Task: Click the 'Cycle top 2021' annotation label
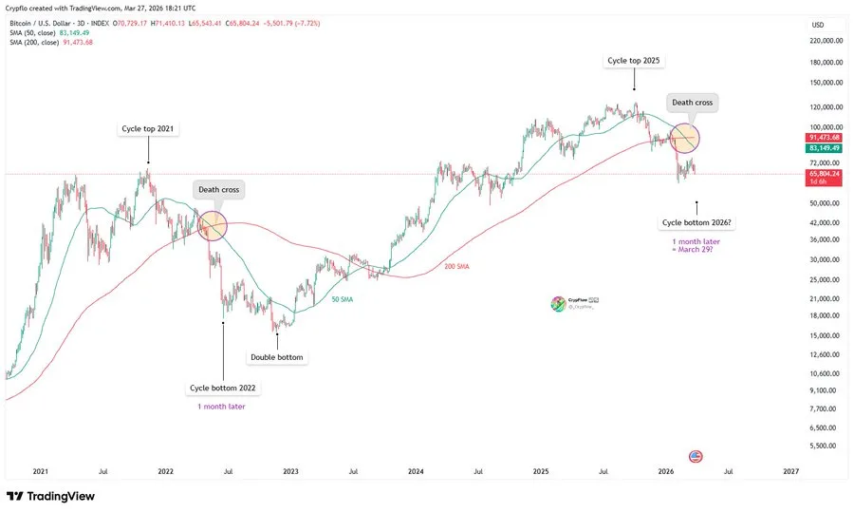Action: (x=147, y=128)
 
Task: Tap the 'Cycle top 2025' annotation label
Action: (x=634, y=61)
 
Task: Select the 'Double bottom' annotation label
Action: (x=278, y=358)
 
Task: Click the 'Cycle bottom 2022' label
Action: (x=223, y=388)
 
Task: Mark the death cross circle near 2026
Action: (x=685, y=139)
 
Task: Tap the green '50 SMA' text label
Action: (x=343, y=299)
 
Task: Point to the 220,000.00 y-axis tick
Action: (x=826, y=41)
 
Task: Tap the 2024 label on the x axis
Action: (x=416, y=470)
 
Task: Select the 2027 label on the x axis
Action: (x=790, y=470)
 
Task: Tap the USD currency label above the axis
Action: (x=817, y=24)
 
